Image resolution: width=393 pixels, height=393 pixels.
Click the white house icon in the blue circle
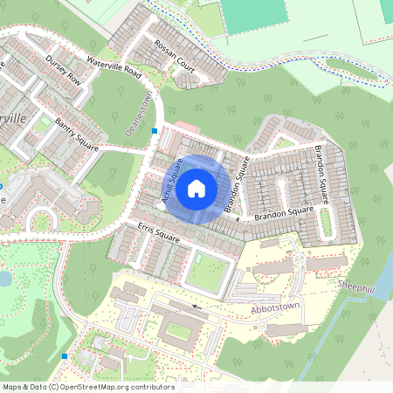(196, 188)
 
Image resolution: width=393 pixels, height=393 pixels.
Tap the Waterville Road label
(114, 67)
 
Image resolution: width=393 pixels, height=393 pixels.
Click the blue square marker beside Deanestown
(155, 131)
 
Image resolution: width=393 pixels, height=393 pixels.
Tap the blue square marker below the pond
(65, 356)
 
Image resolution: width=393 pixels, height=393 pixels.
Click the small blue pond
(4, 279)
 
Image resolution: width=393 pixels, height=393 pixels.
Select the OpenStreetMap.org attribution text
(115, 386)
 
